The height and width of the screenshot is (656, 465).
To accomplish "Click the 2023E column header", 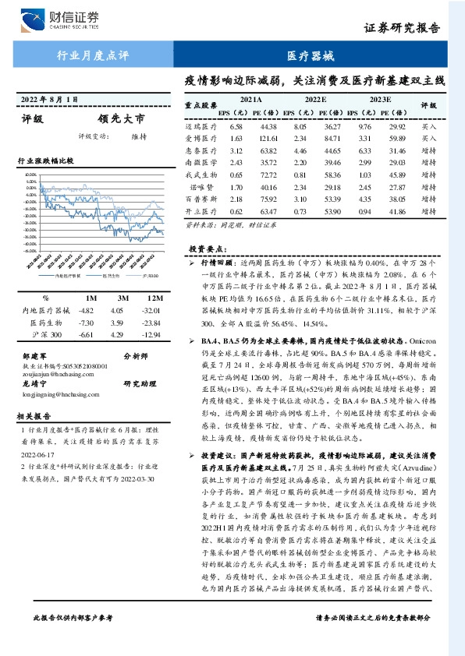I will pyautogui.click(x=379, y=101).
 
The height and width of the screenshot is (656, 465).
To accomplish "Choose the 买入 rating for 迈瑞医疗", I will pyautogui.click(x=429, y=126).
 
